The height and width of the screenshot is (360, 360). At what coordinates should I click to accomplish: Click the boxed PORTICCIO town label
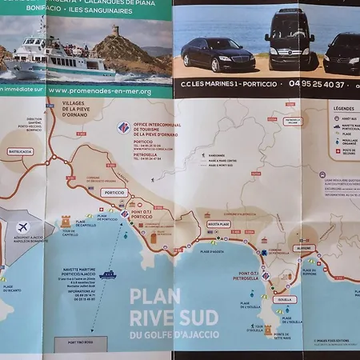coord(114,193)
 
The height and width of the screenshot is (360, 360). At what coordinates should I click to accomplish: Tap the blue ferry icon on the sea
coord(107,274)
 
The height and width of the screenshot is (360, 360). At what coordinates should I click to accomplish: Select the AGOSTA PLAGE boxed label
coord(218,225)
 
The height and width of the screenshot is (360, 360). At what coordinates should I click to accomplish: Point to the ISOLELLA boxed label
coord(284,299)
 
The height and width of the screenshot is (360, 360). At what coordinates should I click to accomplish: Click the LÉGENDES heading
coord(344,108)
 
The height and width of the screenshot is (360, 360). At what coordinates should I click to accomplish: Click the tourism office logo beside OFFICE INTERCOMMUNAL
coord(122,127)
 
